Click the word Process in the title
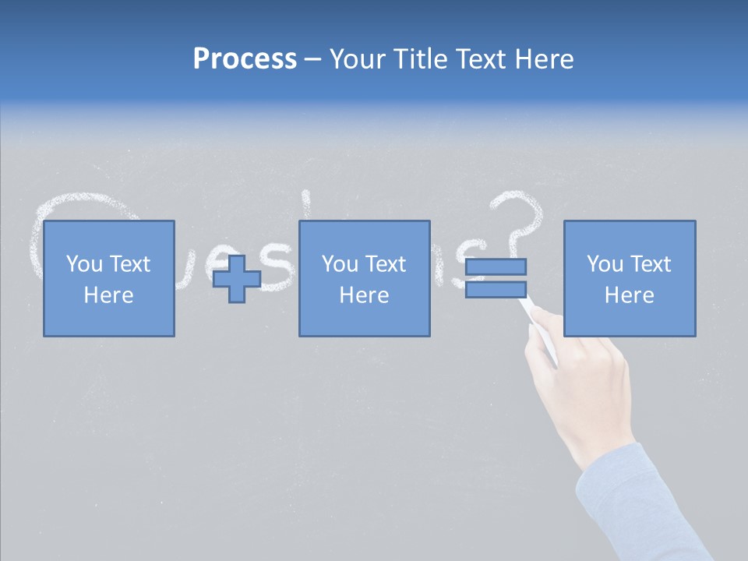click(245, 58)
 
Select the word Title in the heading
click(419, 58)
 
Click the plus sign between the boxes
click(237, 279)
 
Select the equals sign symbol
click(496, 278)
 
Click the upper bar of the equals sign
click(496, 267)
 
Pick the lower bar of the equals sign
click(496, 289)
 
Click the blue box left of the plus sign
click(108, 278)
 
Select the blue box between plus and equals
click(364, 278)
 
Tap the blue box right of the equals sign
click(629, 278)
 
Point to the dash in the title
click(312, 60)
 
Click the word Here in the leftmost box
click(108, 295)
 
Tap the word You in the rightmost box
click(605, 264)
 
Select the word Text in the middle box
click(386, 264)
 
